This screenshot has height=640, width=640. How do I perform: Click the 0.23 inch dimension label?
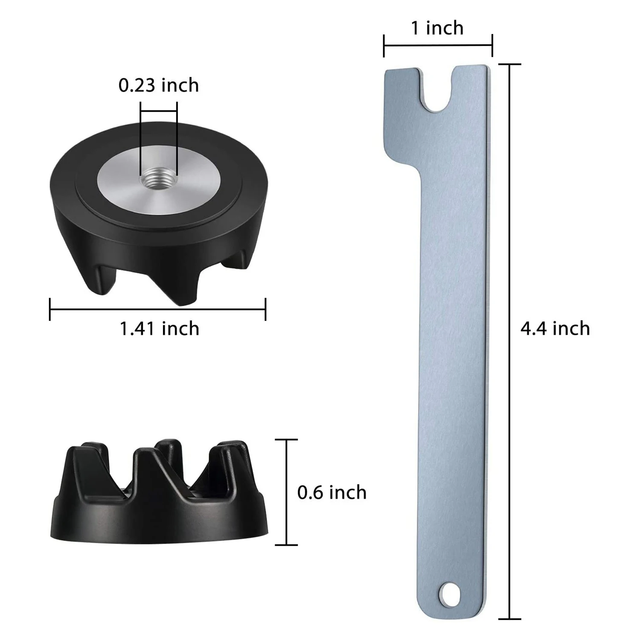pyautogui.click(x=158, y=85)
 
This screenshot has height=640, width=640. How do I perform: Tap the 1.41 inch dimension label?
pyautogui.click(x=159, y=329)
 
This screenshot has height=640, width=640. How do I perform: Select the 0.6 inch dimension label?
pyautogui.click(x=332, y=492)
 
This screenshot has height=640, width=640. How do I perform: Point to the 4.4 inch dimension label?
pyautogui.click(x=555, y=329)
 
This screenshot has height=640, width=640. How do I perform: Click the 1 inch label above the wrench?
pyautogui.click(x=437, y=28)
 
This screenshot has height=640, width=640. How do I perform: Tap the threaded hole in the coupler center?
pyautogui.click(x=158, y=175)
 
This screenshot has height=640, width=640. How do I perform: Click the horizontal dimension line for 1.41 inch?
pyautogui.click(x=157, y=309)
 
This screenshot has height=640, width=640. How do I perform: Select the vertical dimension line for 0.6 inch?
pyautogui.click(x=286, y=492)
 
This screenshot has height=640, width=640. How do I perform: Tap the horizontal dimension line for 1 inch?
pyautogui.click(x=438, y=45)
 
